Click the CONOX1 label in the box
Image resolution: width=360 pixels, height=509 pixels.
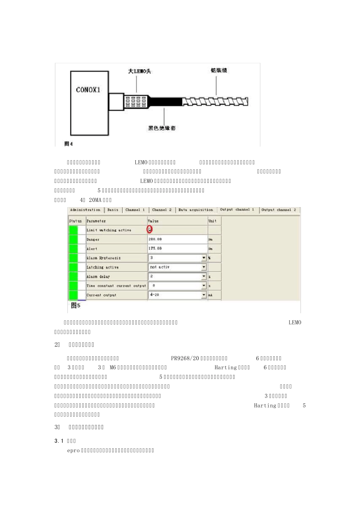point(88,90)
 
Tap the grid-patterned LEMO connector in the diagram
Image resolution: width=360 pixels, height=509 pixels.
point(136,101)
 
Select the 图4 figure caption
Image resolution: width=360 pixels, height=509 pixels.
point(69,144)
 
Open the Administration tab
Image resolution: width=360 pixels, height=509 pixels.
point(85,210)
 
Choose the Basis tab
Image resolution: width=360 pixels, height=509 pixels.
point(113,210)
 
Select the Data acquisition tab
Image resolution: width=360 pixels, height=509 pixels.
point(196,210)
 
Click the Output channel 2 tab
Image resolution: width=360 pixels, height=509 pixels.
point(279,210)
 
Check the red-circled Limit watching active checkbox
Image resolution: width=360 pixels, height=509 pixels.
point(150,230)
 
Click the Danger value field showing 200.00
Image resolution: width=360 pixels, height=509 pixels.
point(177,239)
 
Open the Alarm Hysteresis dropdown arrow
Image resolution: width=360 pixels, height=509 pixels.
point(204,258)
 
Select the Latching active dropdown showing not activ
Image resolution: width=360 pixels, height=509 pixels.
point(177,267)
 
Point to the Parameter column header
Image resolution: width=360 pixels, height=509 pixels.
point(96,221)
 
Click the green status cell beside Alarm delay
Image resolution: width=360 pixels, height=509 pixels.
point(73,276)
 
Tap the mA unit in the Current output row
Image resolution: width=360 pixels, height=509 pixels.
point(210,295)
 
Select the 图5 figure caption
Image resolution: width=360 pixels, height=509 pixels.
point(76,306)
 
